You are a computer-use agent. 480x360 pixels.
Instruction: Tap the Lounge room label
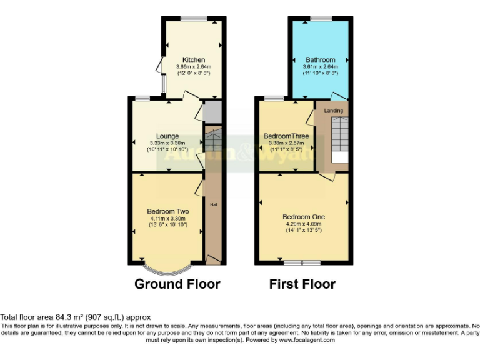coord(167,136)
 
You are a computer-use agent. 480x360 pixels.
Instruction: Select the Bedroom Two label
coord(168,211)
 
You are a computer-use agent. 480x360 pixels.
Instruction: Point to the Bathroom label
coord(320,59)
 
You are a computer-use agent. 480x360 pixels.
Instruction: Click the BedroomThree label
coord(286,136)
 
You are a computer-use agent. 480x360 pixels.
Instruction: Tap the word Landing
coord(333,111)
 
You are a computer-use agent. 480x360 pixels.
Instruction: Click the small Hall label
coord(213,204)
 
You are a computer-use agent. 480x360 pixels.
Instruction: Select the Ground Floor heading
coord(177,284)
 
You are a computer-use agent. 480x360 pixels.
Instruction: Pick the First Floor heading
coord(302,284)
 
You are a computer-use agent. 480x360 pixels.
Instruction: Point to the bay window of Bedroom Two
coord(166,269)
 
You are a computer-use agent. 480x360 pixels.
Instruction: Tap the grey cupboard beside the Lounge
coord(212,112)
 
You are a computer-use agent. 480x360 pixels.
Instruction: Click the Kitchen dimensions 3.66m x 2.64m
coord(194,66)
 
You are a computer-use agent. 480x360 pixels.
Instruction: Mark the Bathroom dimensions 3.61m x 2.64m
coord(320,66)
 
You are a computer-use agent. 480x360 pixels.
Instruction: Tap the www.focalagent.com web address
coord(307,341)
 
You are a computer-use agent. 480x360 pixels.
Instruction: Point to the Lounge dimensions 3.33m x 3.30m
coord(167,142)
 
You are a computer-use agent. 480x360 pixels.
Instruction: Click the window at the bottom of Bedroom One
coord(302,263)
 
